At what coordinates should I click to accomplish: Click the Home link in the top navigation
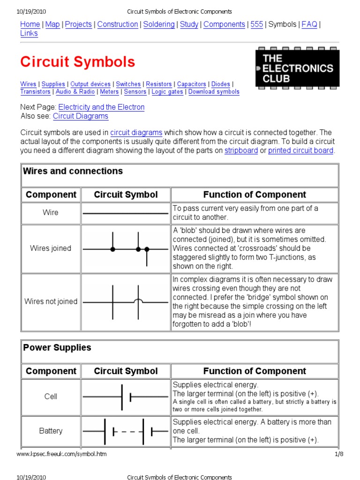coord(30,24)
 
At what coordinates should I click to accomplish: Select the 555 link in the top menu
coord(257,24)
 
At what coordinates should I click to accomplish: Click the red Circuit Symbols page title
coord(77,62)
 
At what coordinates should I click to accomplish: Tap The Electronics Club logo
coord(298,68)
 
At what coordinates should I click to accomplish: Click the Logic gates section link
coord(167,92)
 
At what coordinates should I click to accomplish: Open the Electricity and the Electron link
coord(101,107)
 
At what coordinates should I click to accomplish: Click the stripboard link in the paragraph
coord(241,150)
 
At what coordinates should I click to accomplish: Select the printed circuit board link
coord(300,150)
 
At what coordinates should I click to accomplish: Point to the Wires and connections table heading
coord(73,171)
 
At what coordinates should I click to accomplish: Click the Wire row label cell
coord(51,213)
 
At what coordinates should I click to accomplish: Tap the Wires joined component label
coord(51,248)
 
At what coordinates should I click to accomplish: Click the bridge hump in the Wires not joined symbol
coord(138,300)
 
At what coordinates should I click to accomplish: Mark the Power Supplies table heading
coord(57,348)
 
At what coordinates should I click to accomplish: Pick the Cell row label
coord(51,397)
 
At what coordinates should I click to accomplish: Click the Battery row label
coord(51,431)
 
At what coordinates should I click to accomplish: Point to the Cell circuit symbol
coord(126,397)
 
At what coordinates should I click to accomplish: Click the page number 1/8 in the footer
coord(339,454)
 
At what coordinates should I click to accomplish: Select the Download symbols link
coord(214,92)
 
